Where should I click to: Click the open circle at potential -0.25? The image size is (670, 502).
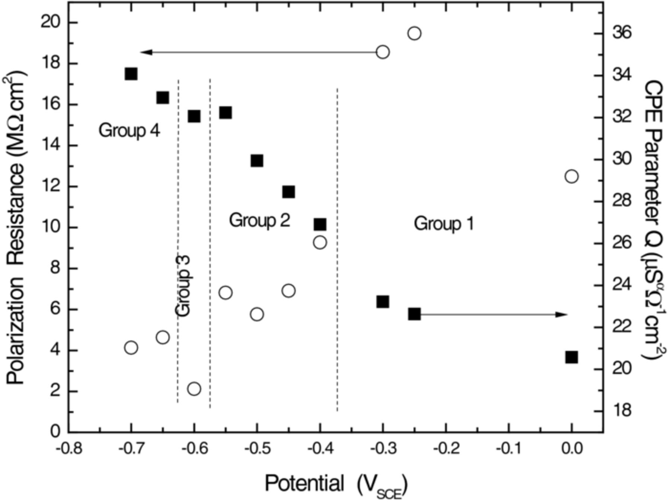coord(414,33)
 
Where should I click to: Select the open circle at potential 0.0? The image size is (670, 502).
coord(571,176)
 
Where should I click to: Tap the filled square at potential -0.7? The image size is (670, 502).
coord(131,74)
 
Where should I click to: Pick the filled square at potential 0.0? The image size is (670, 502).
coord(571,357)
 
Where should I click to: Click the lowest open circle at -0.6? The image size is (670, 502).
coord(194,389)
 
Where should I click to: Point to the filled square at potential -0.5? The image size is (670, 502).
coord(257,161)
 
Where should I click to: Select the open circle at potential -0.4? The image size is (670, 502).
coord(320,242)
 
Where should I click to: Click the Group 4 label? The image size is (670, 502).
coord(129,131)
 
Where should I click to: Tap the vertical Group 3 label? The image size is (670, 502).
coord(183,286)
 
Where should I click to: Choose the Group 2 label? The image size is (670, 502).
coord(259,220)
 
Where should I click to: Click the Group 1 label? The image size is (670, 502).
coord(444,224)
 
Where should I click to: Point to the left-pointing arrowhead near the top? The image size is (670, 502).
coord(146,52)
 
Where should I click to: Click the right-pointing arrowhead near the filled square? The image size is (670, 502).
coord(561,315)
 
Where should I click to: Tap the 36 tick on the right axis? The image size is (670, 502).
coord(622,33)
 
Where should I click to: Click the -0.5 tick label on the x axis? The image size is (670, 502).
coord(257,448)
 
